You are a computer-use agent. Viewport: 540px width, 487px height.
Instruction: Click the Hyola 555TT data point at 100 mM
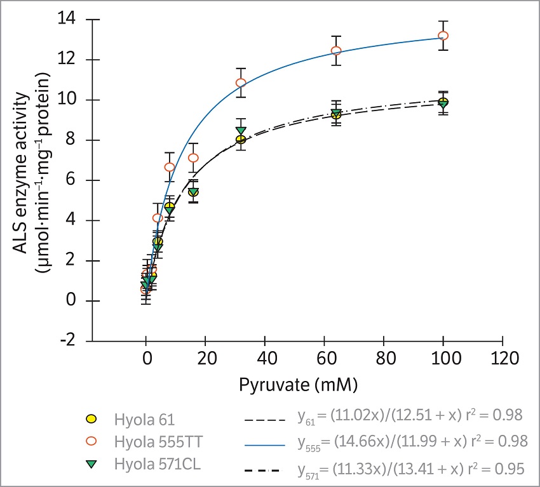pyautogui.click(x=443, y=36)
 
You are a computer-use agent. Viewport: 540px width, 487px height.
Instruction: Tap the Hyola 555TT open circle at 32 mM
pyautogui.click(x=241, y=83)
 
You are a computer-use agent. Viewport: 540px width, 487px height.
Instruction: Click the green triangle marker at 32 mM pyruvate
pyautogui.click(x=241, y=131)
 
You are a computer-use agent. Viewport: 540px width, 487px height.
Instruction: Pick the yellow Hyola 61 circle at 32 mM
pyautogui.click(x=241, y=140)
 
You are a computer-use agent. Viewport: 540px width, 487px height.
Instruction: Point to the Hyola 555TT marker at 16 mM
pyautogui.click(x=193, y=157)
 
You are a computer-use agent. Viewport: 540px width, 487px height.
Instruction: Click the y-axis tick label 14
pyautogui.click(x=67, y=20)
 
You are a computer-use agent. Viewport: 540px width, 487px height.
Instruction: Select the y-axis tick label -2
pyautogui.click(x=67, y=341)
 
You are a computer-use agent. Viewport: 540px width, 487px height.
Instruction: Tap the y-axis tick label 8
pyautogui.click(x=71, y=140)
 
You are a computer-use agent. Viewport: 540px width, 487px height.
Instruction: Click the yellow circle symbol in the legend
pyautogui.click(x=91, y=419)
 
